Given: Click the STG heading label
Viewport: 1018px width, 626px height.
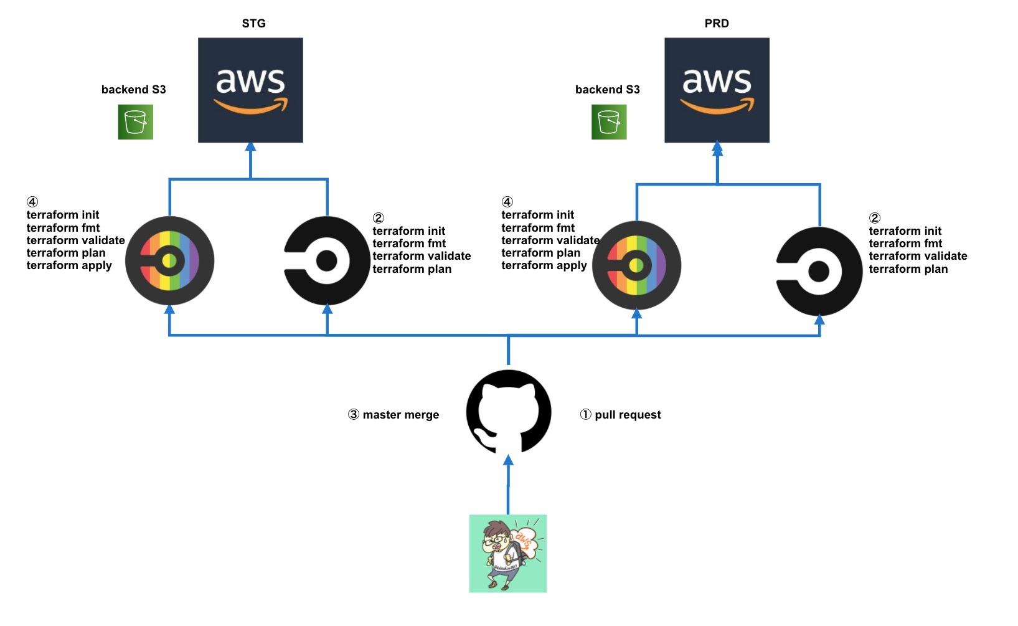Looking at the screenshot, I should click(x=253, y=24).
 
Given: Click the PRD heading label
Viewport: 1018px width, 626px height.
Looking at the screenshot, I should click(x=717, y=24).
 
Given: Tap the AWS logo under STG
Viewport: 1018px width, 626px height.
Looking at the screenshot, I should click(x=250, y=90).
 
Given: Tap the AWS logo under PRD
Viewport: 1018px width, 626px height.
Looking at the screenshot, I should click(x=717, y=90).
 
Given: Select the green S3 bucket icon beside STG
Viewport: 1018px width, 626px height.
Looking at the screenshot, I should click(x=136, y=122).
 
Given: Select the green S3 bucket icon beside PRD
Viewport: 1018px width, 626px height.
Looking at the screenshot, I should click(x=609, y=122).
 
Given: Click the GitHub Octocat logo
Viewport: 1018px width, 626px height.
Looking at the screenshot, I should click(x=509, y=412).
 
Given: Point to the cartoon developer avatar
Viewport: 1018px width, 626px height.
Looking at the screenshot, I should click(x=508, y=553).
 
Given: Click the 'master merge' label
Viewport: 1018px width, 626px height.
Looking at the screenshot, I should click(x=400, y=415).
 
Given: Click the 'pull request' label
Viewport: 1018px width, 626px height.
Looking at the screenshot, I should click(x=628, y=415).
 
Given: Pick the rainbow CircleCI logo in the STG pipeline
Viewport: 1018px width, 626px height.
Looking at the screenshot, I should click(x=169, y=260).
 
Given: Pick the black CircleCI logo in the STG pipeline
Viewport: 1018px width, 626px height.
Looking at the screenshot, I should click(x=327, y=261).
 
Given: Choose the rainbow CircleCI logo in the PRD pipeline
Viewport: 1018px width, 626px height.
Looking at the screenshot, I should click(x=636, y=265).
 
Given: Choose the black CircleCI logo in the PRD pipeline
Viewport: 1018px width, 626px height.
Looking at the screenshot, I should click(x=819, y=272).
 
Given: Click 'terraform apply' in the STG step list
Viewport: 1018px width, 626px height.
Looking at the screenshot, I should click(x=69, y=265).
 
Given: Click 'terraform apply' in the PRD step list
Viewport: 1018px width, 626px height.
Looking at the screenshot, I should click(x=544, y=265).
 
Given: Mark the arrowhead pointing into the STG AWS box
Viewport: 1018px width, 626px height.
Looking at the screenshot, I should click(x=250, y=147).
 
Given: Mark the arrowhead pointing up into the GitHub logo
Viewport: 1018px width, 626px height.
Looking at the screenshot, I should click(x=508, y=460).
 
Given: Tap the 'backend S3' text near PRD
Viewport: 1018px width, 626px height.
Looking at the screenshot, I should click(x=607, y=90).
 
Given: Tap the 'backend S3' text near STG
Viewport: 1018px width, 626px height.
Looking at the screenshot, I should click(x=133, y=90).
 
